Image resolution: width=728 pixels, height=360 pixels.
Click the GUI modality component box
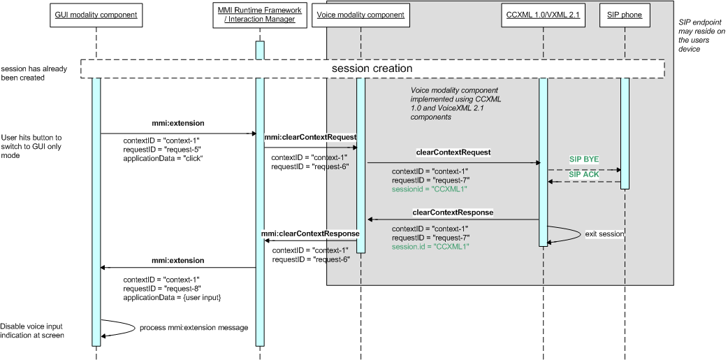[x=96, y=15]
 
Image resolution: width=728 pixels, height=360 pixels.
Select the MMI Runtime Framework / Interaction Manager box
[x=259, y=15]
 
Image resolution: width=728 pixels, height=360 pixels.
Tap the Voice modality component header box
[x=360, y=15]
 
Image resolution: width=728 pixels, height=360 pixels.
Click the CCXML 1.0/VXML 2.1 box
[x=542, y=15]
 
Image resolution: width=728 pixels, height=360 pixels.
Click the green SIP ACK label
[x=584, y=175]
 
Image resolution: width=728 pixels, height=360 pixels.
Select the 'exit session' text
[x=605, y=233]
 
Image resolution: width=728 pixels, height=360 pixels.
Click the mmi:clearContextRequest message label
[x=310, y=138]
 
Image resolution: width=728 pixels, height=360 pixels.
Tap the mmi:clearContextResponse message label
[x=310, y=233]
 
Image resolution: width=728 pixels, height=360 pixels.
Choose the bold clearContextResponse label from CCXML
[x=453, y=211]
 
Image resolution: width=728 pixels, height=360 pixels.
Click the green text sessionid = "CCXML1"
[x=429, y=189]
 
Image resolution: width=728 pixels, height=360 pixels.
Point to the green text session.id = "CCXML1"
[x=430, y=247]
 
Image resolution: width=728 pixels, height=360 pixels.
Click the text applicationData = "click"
[x=163, y=158]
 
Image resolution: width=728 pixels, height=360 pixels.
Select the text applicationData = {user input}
[x=172, y=298]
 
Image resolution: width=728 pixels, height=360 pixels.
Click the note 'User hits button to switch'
[x=31, y=146]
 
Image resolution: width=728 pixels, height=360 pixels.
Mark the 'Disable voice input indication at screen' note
[x=32, y=331]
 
